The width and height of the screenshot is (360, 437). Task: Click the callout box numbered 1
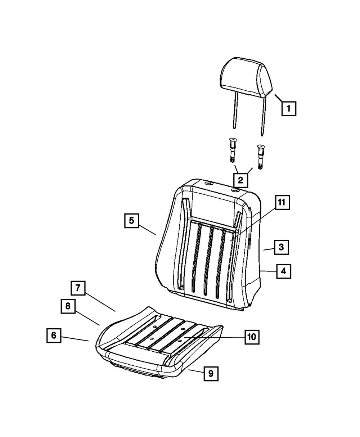289,109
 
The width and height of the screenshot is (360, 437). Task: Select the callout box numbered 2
241,180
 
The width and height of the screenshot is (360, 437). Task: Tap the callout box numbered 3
282,247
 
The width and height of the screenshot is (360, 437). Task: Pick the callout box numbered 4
284,271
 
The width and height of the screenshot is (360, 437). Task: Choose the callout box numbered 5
132,221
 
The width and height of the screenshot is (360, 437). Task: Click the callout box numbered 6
54,335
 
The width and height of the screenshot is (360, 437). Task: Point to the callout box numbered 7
78,288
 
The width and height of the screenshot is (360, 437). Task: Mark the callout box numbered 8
68,306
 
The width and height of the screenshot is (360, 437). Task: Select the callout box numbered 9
211,373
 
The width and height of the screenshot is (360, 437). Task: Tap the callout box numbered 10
252,337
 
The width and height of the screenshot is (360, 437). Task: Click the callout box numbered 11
282,202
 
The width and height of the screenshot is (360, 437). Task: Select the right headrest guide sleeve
260,157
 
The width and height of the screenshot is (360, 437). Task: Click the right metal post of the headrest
263,117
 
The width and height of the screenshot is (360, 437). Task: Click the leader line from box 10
214,337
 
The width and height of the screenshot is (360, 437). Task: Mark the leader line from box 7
100,302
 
